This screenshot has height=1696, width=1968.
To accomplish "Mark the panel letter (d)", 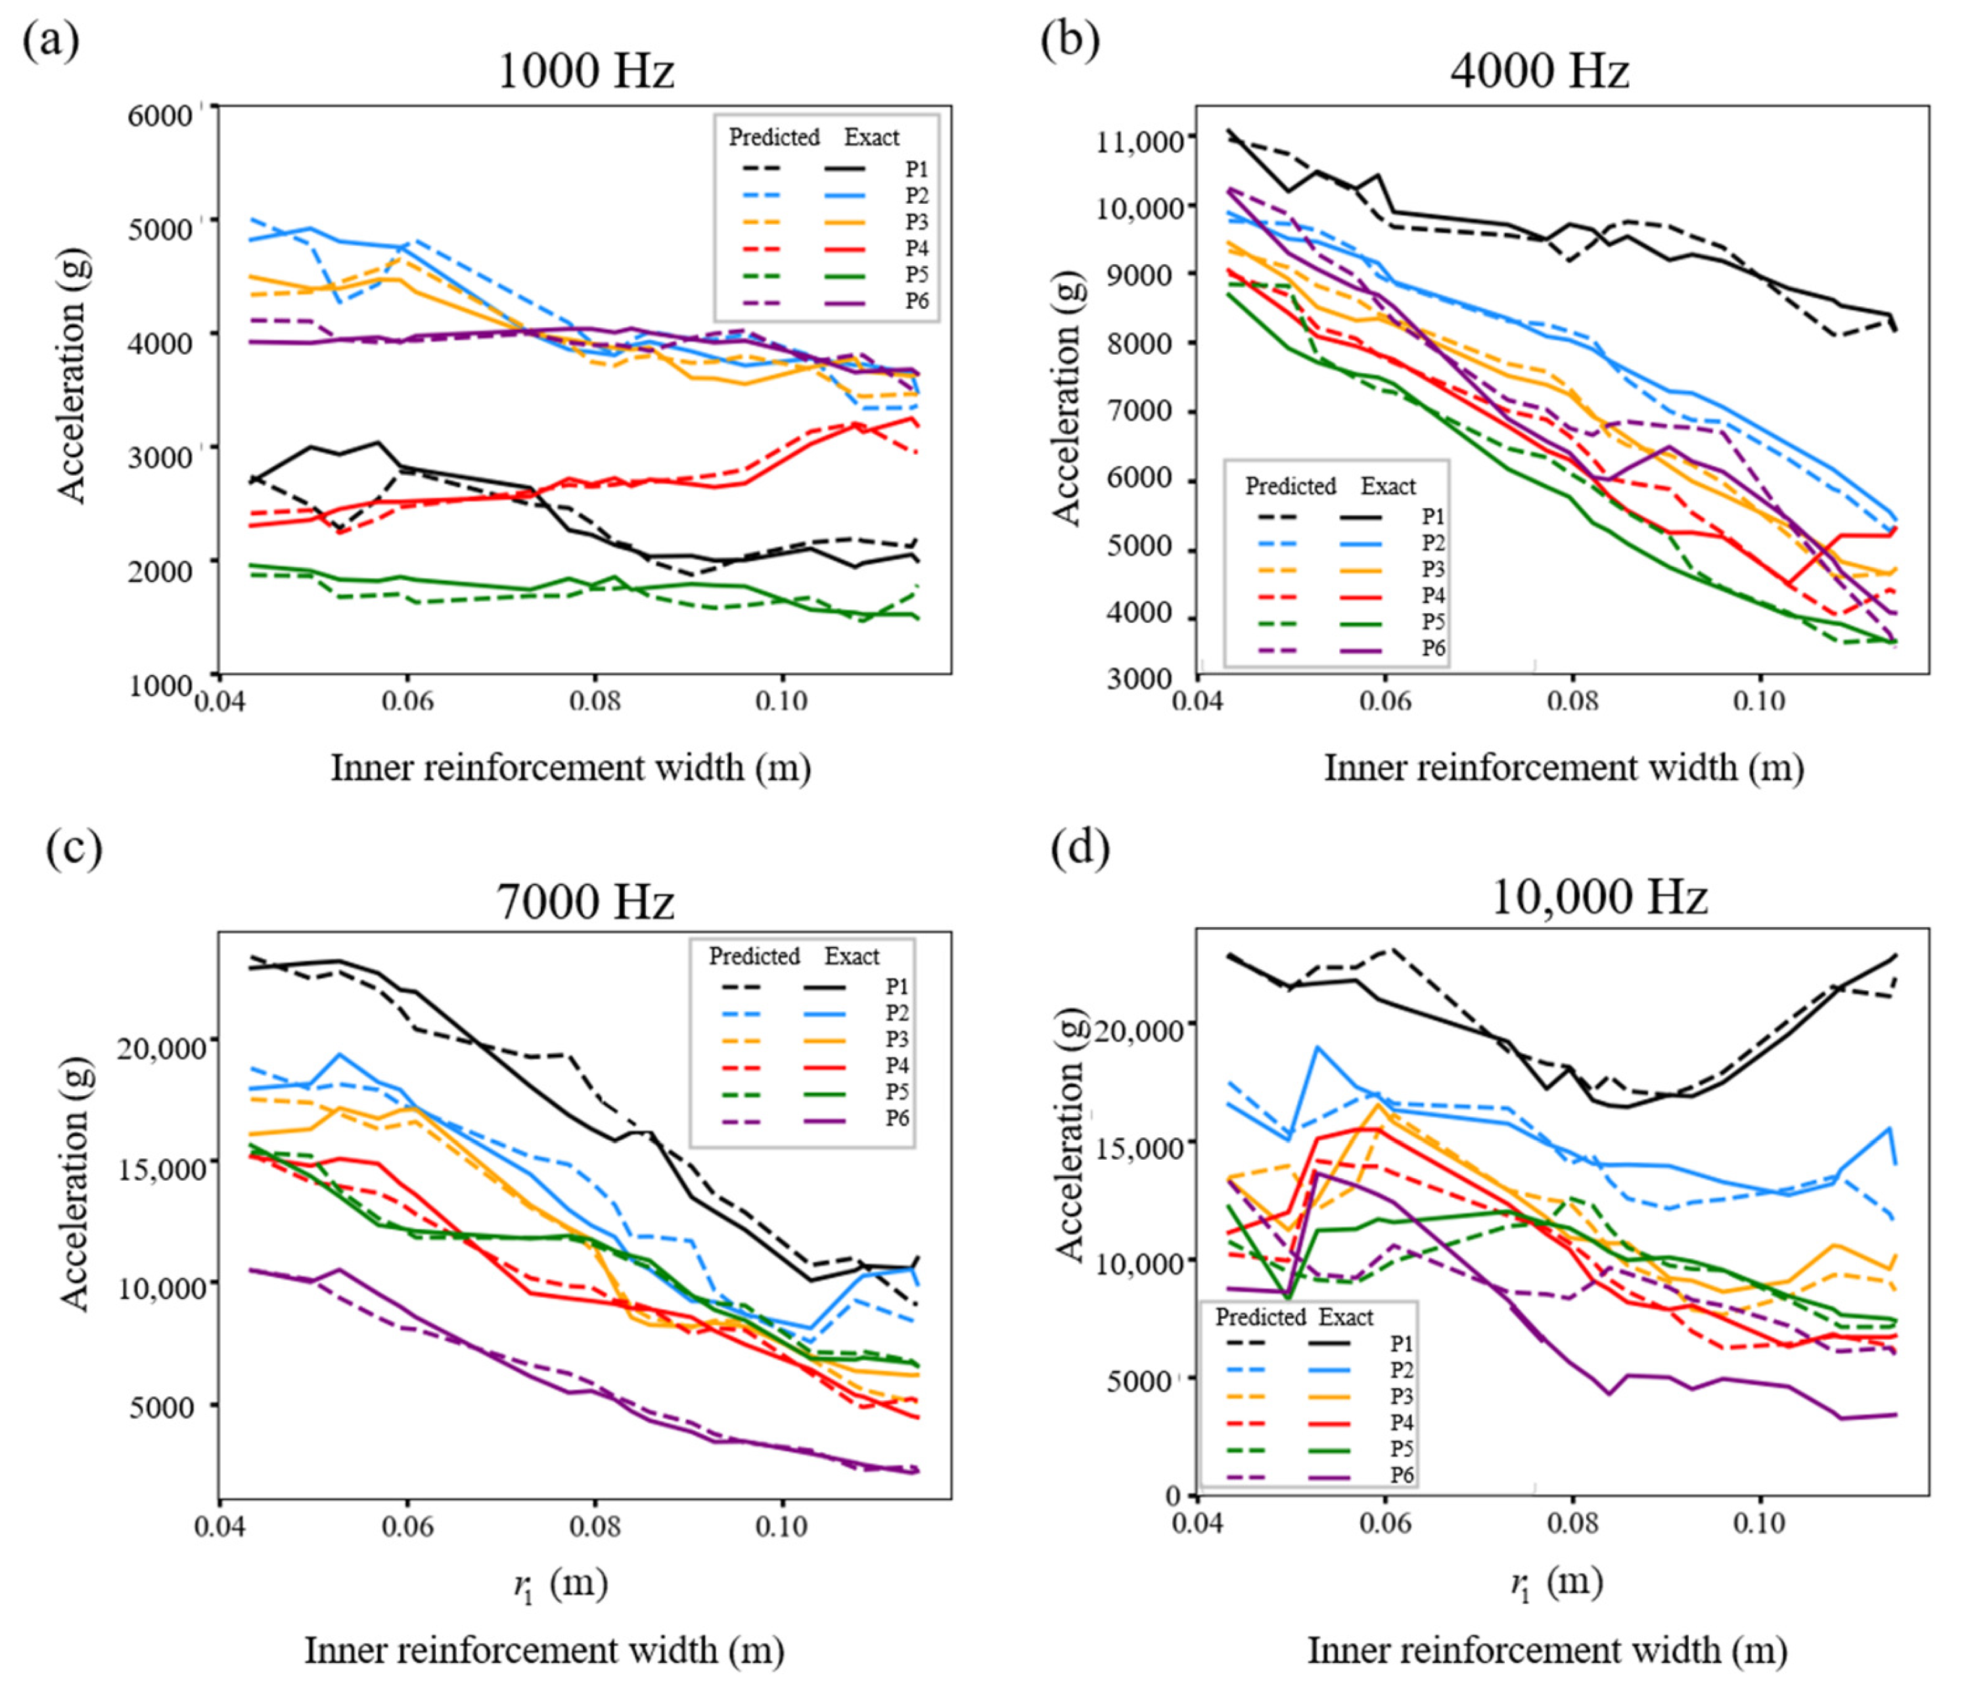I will (1079, 848).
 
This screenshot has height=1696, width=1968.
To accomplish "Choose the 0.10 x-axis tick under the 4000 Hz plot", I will (1759, 701).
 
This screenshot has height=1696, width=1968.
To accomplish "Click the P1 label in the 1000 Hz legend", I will (915, 169).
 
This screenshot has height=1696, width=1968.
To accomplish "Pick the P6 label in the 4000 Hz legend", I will (1432, 649).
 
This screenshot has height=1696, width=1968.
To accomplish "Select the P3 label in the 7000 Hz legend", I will (897, 1039).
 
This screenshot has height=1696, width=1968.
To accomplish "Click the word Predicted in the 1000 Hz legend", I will (774, 138).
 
